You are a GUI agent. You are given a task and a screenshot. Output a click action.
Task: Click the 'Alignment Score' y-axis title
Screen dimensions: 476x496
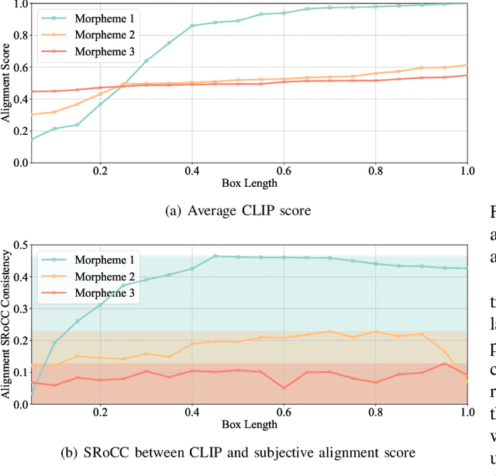[x=8, y=83]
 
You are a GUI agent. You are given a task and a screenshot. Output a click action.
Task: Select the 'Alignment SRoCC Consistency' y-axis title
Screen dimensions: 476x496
[x=8, y=323]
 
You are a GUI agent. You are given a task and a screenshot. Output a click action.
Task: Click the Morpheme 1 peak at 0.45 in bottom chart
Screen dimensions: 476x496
[x=215, y=256]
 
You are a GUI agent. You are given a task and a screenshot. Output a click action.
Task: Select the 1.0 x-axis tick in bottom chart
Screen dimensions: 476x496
[x=466, y=412]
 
